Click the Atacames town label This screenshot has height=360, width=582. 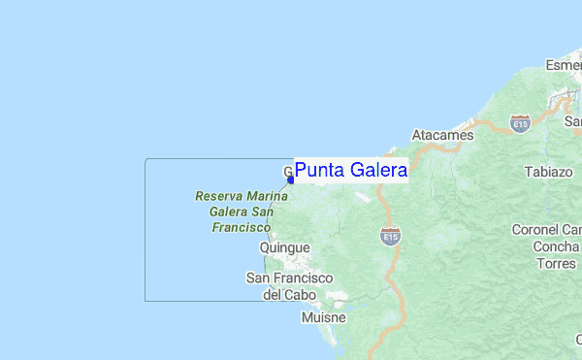[442, 136]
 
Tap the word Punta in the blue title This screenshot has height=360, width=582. [320, 171]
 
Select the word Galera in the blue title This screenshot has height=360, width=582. [379, 171]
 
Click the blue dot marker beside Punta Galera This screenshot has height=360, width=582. [291, 180]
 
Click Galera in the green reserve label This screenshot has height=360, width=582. [218, 212]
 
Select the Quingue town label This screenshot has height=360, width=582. [285, 248]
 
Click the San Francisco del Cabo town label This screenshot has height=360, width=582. [290, 286]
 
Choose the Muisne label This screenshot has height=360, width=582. [323, 317]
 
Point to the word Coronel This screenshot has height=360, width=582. [538, 230]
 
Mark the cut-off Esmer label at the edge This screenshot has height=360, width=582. [563, 65]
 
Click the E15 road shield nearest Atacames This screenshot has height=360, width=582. [521, 124]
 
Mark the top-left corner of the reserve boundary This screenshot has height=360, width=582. [145, 159]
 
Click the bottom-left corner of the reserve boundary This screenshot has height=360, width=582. [145, 301]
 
